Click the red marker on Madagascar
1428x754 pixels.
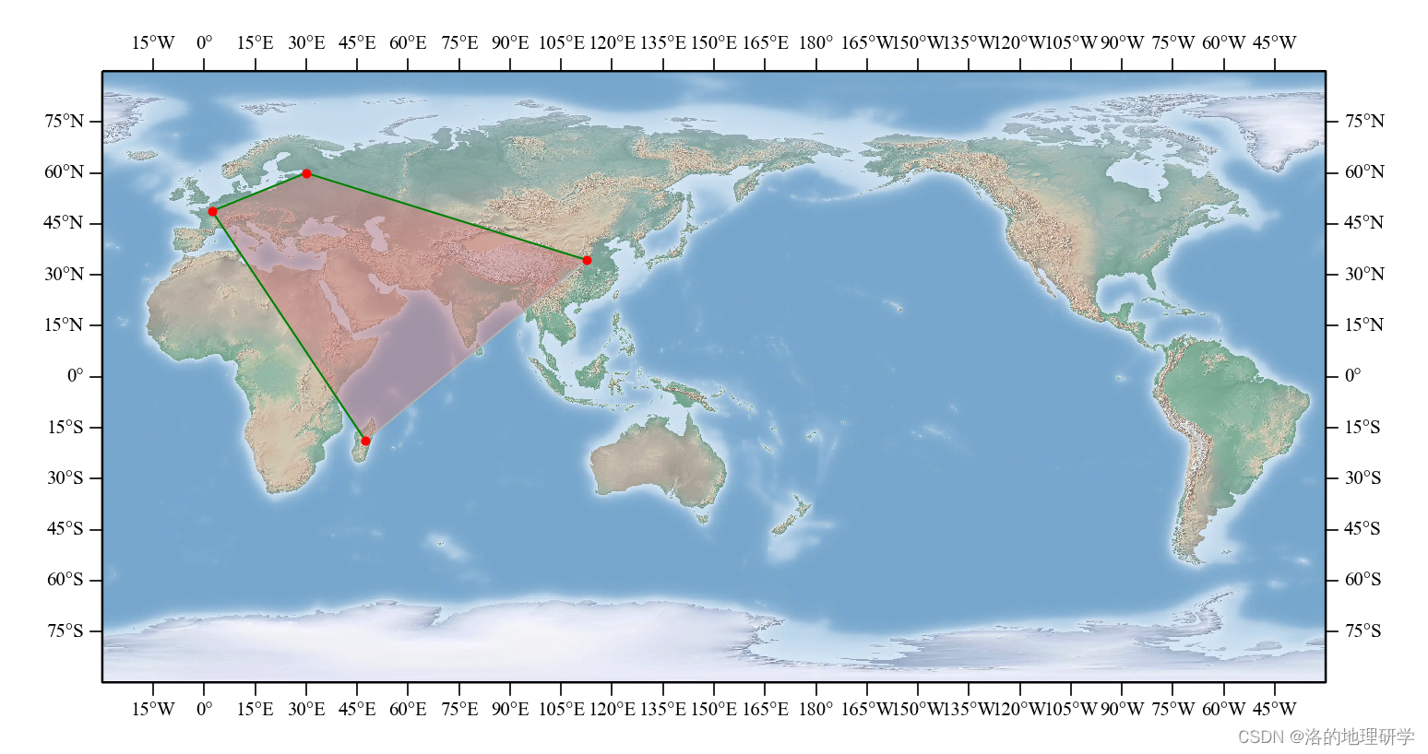(365, 441)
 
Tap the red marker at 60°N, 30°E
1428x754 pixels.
(306, 173)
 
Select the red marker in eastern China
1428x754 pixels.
(587, 260)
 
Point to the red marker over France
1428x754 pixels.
(212, 211)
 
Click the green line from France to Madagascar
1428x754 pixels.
(289, 326)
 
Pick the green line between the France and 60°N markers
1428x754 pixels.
(259, 192)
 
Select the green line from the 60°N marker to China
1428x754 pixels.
(446, 217)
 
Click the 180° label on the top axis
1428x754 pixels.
(815, 42)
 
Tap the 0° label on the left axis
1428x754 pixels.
(75, 376)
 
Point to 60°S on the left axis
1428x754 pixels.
(65, 580)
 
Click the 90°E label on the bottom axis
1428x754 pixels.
(510, 709)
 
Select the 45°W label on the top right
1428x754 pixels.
(1274, 42)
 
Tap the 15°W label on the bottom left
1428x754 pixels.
(153, 709)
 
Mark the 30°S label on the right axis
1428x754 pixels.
(1363, 477)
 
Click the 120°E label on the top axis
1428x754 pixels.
(612, 42)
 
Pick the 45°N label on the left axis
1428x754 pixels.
(65, 223)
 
